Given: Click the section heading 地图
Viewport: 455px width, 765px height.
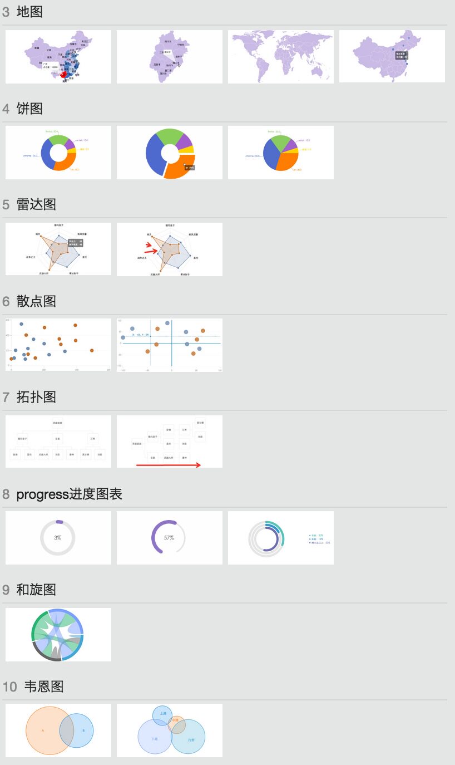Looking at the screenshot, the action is [x=29, y=11].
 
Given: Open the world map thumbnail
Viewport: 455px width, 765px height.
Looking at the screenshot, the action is [x=280, y=56].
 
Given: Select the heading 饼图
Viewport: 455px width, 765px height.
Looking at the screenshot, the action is [x=29, y=108].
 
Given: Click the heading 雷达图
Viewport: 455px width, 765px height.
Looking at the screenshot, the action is [x=36, y=204].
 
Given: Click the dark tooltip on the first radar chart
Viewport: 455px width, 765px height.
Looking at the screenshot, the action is [x=75, y=243].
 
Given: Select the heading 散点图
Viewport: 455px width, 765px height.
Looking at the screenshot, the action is [x=36, y=301].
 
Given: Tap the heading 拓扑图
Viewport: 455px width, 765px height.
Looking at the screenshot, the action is [x=36, y=396].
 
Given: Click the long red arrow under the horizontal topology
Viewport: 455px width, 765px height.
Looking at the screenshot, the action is [x=169, y=465].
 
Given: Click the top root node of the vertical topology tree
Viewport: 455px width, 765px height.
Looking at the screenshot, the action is [x=57, y=423].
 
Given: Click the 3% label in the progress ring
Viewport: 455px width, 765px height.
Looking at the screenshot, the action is [x=58, y=538].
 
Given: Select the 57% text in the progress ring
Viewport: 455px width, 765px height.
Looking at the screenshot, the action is [x=169, y=538].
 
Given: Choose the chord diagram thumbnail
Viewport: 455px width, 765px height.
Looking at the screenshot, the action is [x=58, y=635].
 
